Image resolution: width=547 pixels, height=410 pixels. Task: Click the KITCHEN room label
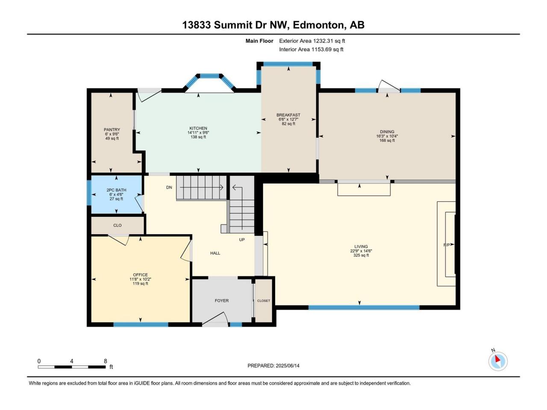coord(198,128)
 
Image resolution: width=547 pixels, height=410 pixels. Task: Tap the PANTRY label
coord(112,130)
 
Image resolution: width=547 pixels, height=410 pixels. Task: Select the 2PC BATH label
coord(116,190)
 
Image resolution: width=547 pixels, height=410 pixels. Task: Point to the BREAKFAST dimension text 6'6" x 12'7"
coord(288,119)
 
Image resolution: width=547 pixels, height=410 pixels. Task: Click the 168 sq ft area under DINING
coord(387,141)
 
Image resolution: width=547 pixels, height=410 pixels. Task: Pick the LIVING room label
coord(361,247)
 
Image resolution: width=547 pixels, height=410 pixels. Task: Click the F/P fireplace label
coord(447,245)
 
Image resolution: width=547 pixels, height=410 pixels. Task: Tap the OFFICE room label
coord(140,275)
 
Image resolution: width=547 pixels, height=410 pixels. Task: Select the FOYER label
coord(221,301)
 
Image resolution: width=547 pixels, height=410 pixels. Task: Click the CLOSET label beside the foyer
coord(264,301)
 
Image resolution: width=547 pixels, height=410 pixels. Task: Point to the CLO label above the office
coord(118,225)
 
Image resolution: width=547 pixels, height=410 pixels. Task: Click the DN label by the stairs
coord(169,187)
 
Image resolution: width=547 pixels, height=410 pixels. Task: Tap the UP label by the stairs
coord(242,240)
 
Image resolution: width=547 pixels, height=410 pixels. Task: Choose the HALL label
coord(215,253)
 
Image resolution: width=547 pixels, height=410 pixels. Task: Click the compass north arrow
coord(497,359)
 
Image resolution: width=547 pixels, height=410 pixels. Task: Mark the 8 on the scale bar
coord(106,361)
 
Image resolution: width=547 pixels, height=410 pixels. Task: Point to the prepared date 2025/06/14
coord(288,366)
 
